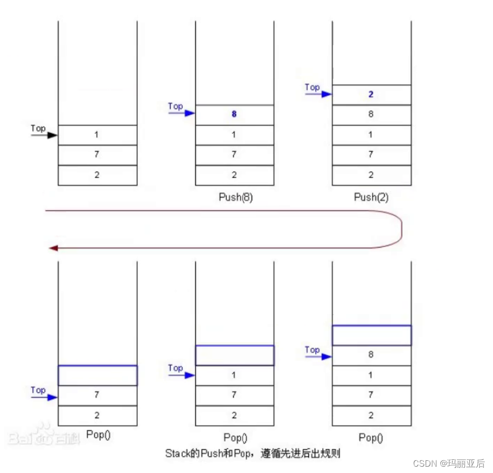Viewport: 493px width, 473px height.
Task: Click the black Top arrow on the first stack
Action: tap(44, 135)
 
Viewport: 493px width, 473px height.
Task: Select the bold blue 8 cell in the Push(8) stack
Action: tap(234, 114)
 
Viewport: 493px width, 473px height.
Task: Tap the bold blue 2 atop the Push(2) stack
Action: tap(371, 94)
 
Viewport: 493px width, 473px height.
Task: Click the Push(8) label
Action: tap(235, 198)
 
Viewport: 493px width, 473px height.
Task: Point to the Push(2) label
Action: tap(371, 198)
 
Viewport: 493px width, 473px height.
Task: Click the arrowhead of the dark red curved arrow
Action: tap(52, 248)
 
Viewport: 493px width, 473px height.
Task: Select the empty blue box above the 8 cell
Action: tap(371, 335)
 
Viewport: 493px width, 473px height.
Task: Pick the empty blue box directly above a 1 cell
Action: tap(235, 355)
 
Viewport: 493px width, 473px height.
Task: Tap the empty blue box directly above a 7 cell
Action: tap(97, 375)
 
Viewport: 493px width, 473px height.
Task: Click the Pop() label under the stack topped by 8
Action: tap(371, 437)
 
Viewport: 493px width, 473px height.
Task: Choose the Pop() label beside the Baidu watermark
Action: tap(97, 435)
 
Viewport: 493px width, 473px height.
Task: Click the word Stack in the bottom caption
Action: tap(176, 453)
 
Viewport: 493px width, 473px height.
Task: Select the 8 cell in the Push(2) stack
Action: tap(371, 114)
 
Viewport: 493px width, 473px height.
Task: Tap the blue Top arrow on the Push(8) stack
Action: tap(182, 113)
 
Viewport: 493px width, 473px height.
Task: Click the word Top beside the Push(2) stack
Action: tap(312, 87)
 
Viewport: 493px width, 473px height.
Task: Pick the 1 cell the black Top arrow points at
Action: tap(97, 135)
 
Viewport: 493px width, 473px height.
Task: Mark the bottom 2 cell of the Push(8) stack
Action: tap(234, 175)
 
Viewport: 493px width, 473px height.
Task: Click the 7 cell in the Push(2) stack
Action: tap(371, 154)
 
